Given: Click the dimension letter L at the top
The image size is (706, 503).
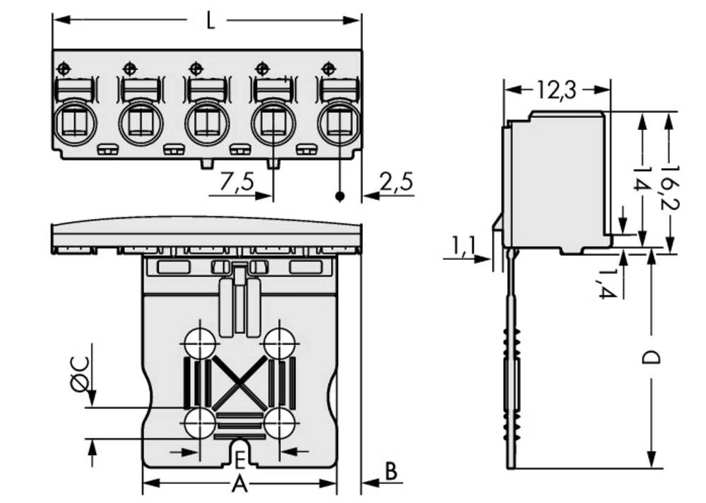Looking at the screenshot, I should click(x=210, y=21).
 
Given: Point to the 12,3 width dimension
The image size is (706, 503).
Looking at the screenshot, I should click(x=556, y=90).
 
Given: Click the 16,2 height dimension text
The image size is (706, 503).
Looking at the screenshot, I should click(x=667, y=181).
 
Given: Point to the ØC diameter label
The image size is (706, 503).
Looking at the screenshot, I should click(x=80, y=373).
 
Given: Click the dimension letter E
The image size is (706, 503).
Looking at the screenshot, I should click(x=240, y=462).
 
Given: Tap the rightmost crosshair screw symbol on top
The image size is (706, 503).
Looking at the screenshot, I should click(x=327, y=69).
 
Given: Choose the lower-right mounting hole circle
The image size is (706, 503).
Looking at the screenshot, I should click(x=280, y=425).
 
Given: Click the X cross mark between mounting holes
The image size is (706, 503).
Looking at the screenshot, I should click(x=240, y=384).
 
